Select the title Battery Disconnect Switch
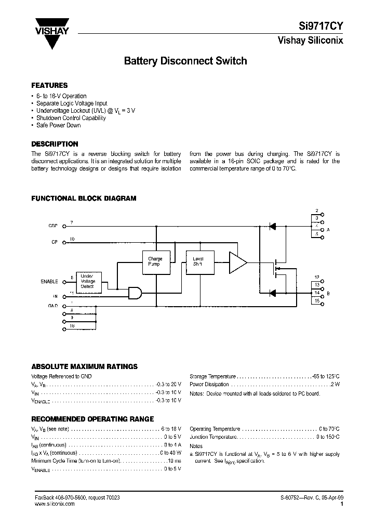[185, 61]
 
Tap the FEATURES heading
[49, 85]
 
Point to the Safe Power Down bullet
[58, 125]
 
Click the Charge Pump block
[155, 261]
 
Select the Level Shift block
[198, 261]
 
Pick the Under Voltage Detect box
[88, 281]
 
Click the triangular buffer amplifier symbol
[237, 262]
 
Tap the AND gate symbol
[135, 293]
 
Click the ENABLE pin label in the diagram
[49, 281]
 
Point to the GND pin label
[53, 307]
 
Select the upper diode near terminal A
[271, 226]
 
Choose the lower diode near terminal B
[271, 293]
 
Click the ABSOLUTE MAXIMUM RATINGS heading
[84, 366]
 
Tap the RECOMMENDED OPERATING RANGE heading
[92, 419]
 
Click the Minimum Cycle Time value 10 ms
[175, 461]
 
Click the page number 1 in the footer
[341, 504]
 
